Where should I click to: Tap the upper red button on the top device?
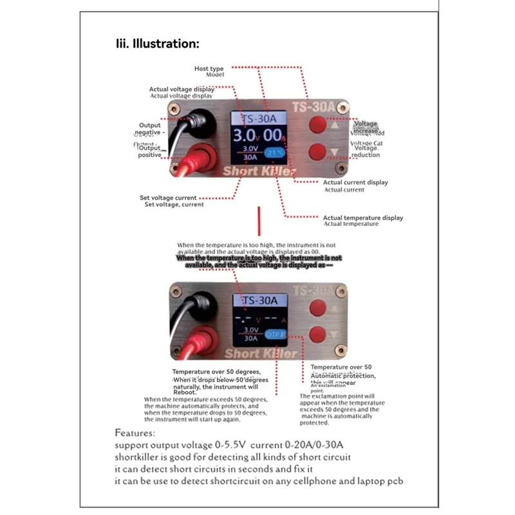click(317, 125)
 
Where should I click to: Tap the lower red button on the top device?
click(317, 152)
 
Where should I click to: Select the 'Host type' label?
click(209, 68)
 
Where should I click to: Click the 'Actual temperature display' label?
click(362, 218)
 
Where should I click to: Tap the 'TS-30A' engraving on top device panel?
click(313, 106)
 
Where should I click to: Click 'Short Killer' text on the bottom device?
click(261, 353)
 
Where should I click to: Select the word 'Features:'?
click(135, 433)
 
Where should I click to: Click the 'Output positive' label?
click(149, 151)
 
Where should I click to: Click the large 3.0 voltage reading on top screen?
click(244, 136)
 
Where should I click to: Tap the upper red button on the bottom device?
click(317, 308)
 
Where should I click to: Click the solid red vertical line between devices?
click(259, 220)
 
